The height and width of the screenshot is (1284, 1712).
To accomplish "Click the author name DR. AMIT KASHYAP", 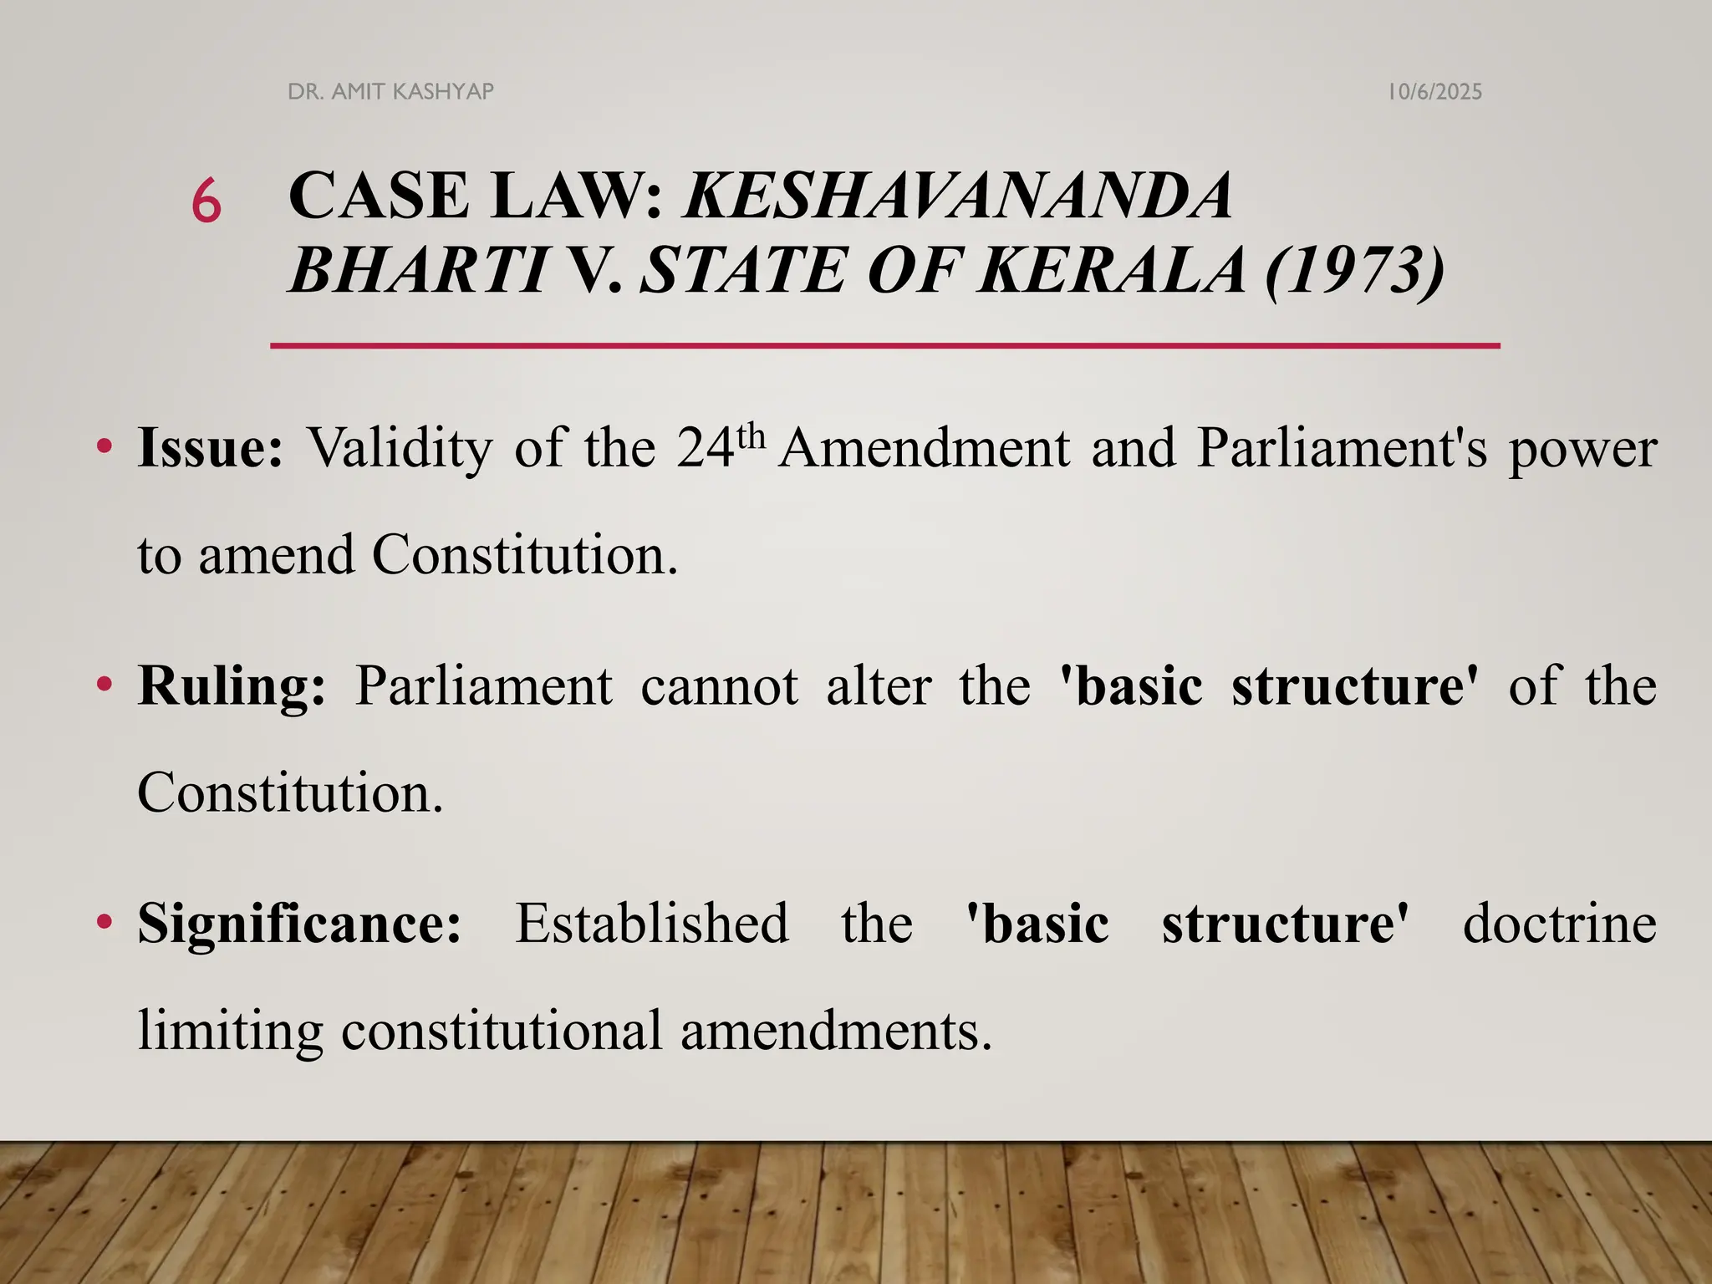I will (390, 91).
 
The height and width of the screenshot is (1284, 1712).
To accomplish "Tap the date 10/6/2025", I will (1434, 92).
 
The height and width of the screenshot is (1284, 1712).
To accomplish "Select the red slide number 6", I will (206, 202).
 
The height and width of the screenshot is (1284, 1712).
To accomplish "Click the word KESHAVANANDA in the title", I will (958, 196).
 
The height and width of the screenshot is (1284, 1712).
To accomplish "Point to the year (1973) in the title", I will (1355, 270).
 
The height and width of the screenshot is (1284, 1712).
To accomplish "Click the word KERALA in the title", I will (1113, 270).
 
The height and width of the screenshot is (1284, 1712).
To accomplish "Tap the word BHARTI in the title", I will (418, 270).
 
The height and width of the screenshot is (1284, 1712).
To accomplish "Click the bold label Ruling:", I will (232, 686).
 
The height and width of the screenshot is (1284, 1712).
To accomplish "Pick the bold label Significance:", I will (299, 924).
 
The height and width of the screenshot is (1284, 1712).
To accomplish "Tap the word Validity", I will (400, 448).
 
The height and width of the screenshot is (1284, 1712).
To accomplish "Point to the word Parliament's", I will (1343, 448).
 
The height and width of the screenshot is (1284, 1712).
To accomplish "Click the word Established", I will (651, 924).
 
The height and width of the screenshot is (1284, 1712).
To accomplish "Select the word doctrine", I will (1560, 924).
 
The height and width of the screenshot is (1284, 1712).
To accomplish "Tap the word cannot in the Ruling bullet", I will (720, 686).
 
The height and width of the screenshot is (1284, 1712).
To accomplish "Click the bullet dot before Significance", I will (104, 923).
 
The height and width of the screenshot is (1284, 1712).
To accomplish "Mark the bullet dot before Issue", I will (104, 447).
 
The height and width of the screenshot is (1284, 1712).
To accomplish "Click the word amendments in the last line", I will (836, 1030).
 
